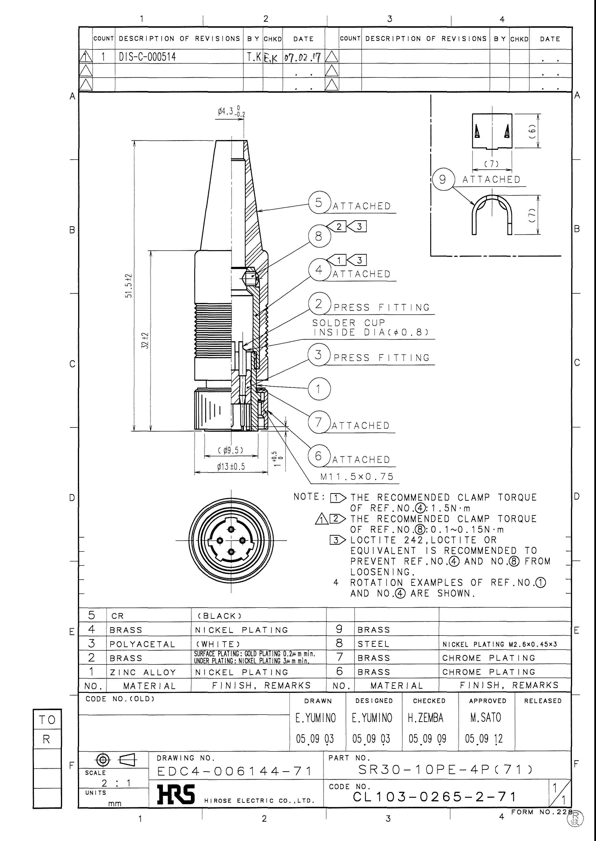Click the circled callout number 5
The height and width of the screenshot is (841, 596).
click(319, 202)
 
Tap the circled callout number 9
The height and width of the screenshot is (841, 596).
click(443, 179)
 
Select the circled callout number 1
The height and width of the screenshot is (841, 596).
click(319, 389)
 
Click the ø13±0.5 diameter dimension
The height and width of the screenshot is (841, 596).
click(231, 467)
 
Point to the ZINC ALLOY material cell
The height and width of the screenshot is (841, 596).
click(143, 672)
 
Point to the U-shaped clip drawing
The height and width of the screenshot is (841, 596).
click(491, 215)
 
